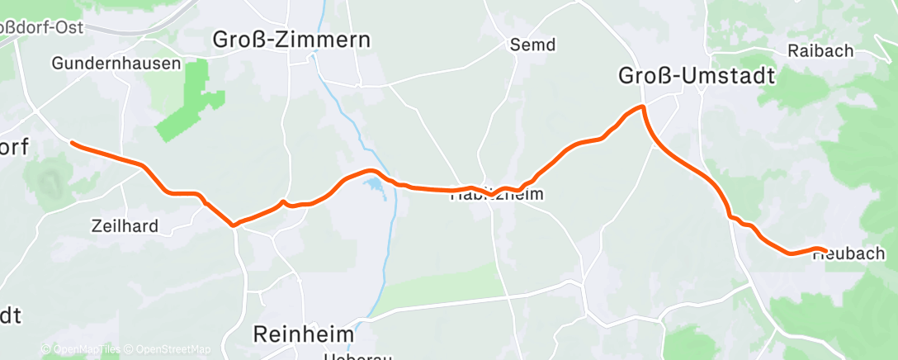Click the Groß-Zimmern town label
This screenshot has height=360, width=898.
(292, 39)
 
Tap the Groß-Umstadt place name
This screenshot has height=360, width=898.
(697, 77)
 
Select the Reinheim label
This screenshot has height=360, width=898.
(303, 334)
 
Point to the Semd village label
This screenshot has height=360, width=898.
(532, 44)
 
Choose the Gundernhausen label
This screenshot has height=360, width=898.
(116, 63)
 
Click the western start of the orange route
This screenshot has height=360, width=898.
(73, 143)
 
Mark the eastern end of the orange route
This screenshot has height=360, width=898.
(825, 250)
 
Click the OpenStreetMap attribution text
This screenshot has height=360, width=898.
(173, 349)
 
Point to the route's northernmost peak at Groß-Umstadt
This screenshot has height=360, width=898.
(640, 107)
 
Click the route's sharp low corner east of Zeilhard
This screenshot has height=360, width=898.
(234, 224)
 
